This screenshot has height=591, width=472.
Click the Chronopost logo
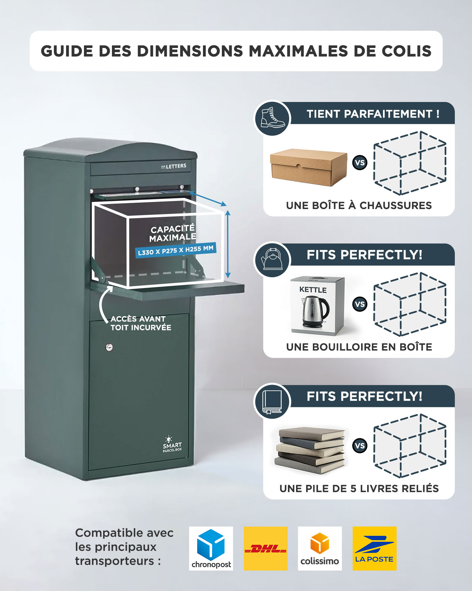click(x=211, y=548)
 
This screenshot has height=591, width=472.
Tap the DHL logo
click(x=266, y=548)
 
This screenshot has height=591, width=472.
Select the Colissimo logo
click(x=320, y=548)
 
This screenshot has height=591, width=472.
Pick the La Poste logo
click(x=375, y=548)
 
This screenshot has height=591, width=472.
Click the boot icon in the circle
click(x=272, y=118)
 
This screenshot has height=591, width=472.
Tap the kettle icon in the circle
click(x=272, y=259)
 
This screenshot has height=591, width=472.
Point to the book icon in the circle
click(x=272, y=402)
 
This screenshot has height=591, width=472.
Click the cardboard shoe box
click(x=308, y=167)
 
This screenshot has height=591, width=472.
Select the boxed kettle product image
click(x=317, y=306)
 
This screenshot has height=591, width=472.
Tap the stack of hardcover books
click(x=311, y=451)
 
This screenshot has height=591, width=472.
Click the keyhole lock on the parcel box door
click(x=109, y=347)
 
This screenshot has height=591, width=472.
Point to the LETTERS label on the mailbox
click(x=174, y=166)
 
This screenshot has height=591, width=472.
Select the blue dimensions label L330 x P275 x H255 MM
click(x=176, y=250)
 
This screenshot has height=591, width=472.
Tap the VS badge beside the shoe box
click(x=360, y=162)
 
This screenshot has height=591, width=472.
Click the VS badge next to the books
click(x=360, y=445)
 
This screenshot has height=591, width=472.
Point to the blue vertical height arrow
click(x=228, y=244)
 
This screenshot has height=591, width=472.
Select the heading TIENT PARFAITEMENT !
click(x=373, y=114)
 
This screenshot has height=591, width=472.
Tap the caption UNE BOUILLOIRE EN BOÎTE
click(x=359, y=347)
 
